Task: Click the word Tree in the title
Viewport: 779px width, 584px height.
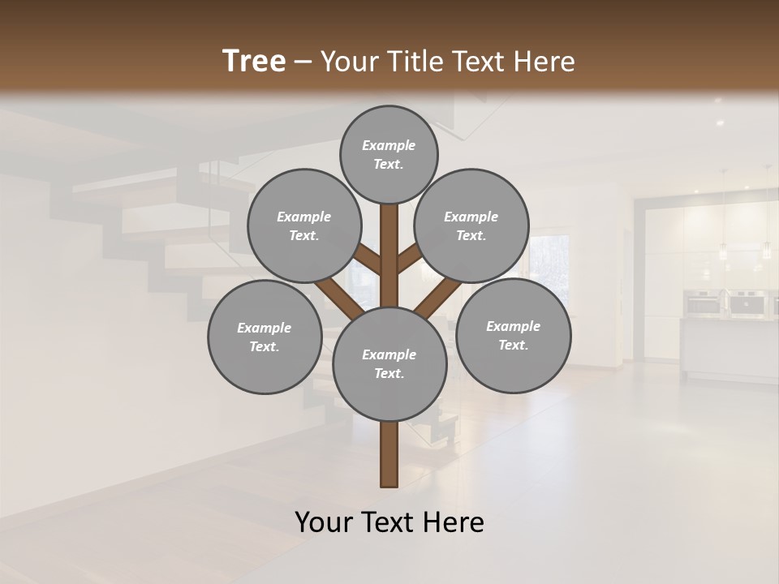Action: click(254, 62)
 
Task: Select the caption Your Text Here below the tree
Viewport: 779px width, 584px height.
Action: click(389, 522)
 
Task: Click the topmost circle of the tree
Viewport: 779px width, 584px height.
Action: click(389, 154)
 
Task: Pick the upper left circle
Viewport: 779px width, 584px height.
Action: click(303, 225)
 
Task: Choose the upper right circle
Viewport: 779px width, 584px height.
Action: click(471, 225)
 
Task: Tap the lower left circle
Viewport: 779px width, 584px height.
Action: click(265, 337)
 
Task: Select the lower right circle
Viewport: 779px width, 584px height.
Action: click(513, 335)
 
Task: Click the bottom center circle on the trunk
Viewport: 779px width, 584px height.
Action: click(389, 364)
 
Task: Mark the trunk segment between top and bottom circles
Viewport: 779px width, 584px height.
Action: click(389, 251)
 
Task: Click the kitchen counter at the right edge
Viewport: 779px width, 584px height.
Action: click(730, 349)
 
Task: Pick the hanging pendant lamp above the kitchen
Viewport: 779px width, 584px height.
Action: click(722, 251)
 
